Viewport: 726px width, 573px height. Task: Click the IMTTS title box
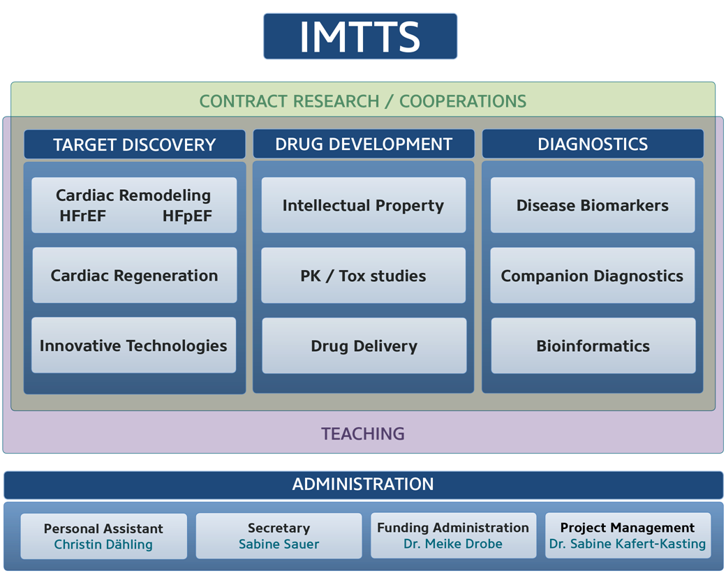pos(360,36)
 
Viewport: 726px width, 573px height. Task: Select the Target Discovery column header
pos(135,144)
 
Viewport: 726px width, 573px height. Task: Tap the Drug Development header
pos(364,144)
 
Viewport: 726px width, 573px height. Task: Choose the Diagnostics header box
pos(593,144)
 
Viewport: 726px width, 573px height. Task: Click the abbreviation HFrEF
pos(83,216)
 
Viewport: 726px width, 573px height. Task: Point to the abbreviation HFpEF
pos(187,216)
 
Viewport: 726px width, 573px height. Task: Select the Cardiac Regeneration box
pos(135,276)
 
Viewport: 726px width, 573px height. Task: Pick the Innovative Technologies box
pos(134,345)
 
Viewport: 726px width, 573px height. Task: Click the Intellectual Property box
pos(364,205)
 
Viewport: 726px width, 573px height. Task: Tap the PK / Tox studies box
pos(364,276)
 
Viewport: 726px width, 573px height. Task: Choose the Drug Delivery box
pos(364,345)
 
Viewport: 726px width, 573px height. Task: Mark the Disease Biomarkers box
pos(593,205)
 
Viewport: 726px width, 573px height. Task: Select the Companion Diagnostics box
pos(593,276)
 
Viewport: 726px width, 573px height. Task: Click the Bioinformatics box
pos(593,345)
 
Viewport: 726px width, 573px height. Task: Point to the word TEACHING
pos(363,433)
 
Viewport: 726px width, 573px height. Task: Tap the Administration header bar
pos(364,484)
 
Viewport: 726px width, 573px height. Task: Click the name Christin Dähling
pos(103,544)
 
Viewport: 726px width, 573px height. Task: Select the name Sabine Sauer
pos(279,544)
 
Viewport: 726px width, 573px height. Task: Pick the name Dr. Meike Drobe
pos(453,544)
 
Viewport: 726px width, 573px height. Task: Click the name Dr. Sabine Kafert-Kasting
pos(628,544)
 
